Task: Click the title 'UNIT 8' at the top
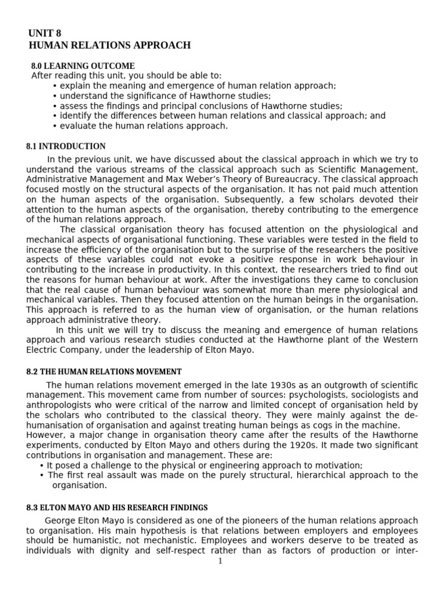[45, 34]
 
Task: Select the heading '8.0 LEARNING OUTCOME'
[83, 66]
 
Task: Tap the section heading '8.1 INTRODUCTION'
[66, 147]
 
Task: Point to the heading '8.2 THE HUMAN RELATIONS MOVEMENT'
[104, 371]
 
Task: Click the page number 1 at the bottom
[221, 561]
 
